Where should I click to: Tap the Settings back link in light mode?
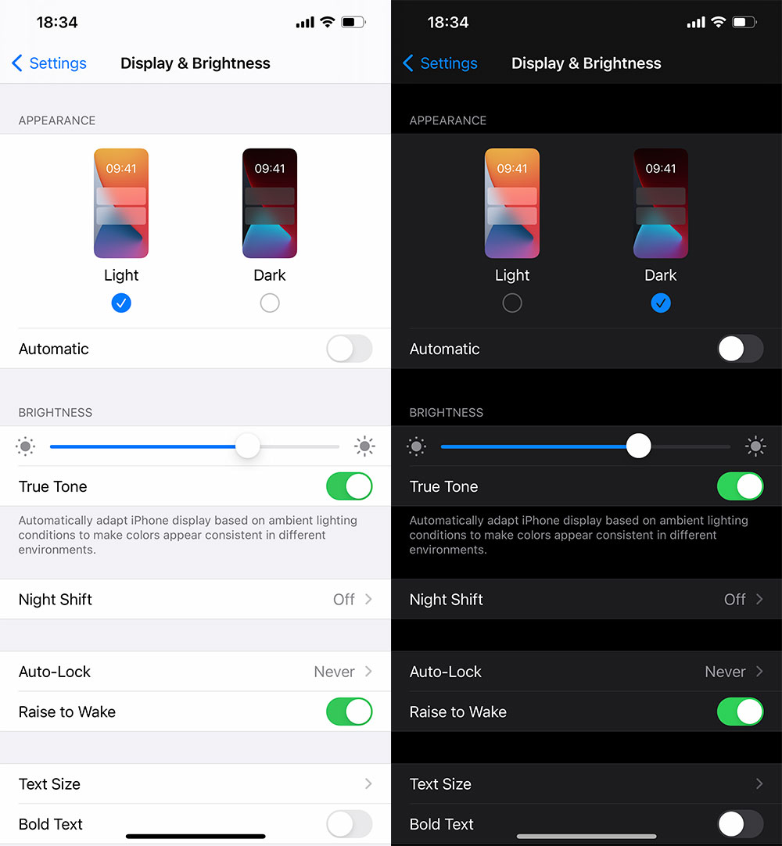click(x=49, y=63)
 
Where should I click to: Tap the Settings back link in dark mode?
click(x=439, y=63)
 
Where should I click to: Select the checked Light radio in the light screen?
click(x=121, y=303)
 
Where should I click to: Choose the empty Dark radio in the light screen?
click(x=270, y=303)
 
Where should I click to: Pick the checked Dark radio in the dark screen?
click(x=661, y=303)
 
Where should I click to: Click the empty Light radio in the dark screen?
click(x=512, y=303)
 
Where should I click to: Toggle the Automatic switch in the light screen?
click(x=350, y=349)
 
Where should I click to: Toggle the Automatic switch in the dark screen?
click(x=741, y=349)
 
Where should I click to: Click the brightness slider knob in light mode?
click(x=248, y=446)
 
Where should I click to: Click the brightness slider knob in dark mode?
click(x=638, y=446)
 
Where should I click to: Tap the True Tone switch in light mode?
click(x=350, y=486)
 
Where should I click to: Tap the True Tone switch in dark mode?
click(x=741, y=486)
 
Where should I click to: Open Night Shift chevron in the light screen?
click(x=368, y=599)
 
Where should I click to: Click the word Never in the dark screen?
click(x=725, y=672)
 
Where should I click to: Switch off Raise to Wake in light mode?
click(x=350, y=712)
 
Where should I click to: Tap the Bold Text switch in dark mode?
click(x=741, y=824)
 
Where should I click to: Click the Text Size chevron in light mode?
click(x=368, y=783)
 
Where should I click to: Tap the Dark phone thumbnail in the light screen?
click(x=270, y=203)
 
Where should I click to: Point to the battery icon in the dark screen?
click(x=744, y=22)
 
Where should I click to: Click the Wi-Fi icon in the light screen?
click(x=327, y=22)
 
